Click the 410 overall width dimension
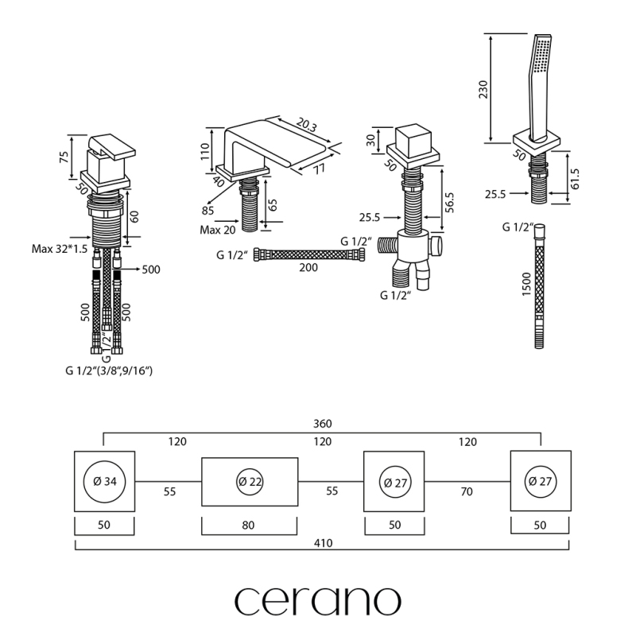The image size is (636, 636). pos(322,543)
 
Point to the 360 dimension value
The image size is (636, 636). pos(321,425)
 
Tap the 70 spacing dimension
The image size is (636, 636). pos(467,492)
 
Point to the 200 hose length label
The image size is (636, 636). pos(308,268)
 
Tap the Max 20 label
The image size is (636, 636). pos(217,231)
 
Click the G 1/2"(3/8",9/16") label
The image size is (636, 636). pos(109,370)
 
